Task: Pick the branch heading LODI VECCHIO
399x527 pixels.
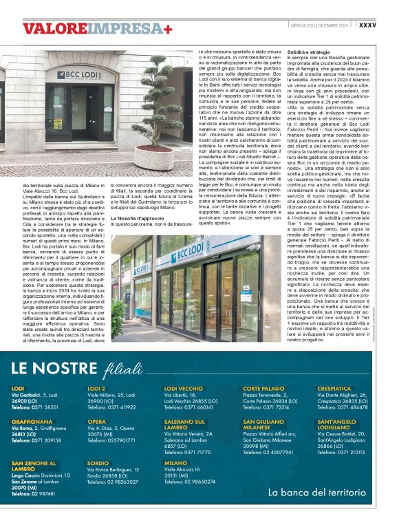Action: click(x=183, y=389)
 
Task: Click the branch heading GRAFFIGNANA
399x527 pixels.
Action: click(x=32, y=421)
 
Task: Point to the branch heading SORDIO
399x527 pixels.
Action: click(x=99, y=462)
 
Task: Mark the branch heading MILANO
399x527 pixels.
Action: click(x=175, y=462)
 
